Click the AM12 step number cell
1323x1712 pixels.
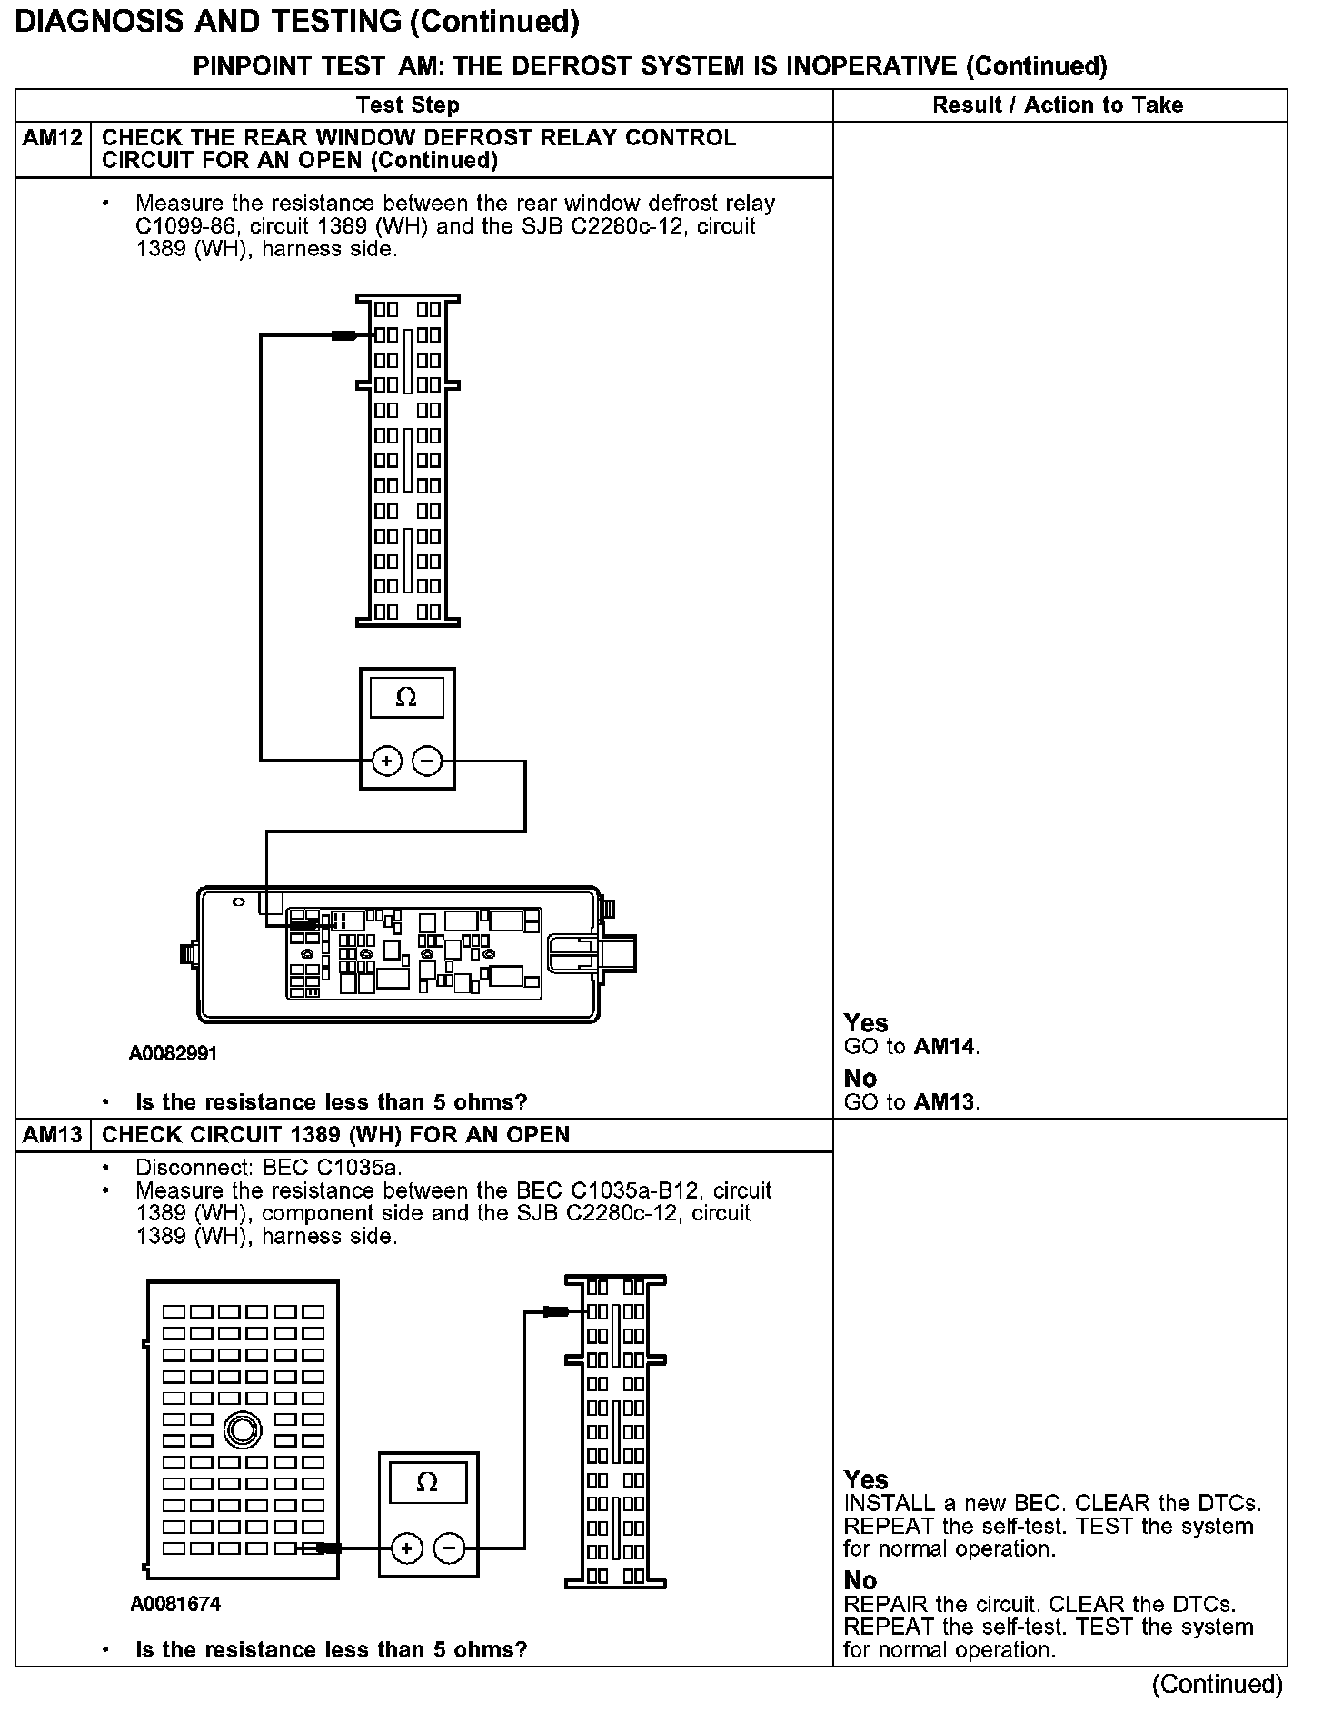coord(53,139)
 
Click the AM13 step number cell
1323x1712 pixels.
coord(53,1135)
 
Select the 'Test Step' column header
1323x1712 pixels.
coord(407,105)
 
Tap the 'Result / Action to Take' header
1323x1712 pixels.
coord(1058,105)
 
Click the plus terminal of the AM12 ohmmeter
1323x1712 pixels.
coord(386,761)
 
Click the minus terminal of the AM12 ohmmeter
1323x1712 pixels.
coord(427,761)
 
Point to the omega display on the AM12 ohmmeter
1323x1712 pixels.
coord(406,698)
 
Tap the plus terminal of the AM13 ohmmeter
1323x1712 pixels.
coord(406,1548)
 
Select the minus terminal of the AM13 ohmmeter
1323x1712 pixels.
coord(449,1548)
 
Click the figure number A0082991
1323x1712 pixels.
coord(173,1053)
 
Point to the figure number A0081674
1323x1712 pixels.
coord(175,1604)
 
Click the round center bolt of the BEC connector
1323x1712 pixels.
coord(241,1430)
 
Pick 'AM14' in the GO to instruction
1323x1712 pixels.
coord(945,1047)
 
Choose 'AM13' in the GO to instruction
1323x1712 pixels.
coord(945,1102)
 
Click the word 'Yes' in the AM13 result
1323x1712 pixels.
coord(866,1480)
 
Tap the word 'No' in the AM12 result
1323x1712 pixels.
coord(860,1079)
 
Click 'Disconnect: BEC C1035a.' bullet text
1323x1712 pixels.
coord(269,1167)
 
